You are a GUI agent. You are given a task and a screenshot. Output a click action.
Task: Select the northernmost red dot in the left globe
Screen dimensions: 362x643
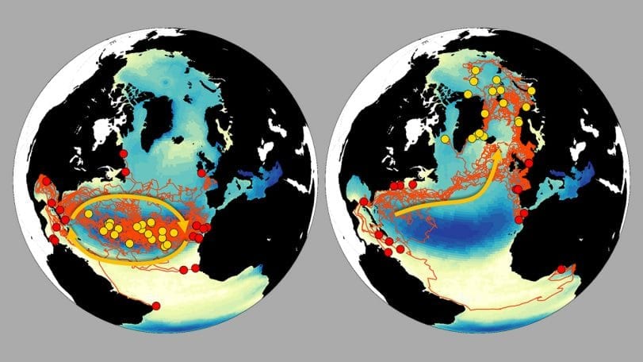(123, 154)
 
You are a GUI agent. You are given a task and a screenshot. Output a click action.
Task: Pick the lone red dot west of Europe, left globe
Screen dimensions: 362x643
(201, 173)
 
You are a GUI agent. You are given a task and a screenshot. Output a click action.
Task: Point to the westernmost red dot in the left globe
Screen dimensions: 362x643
(46, 182)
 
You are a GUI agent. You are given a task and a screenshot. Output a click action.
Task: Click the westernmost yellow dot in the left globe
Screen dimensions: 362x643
(88, 214)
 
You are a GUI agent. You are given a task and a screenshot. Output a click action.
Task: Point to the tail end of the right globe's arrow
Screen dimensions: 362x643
(396, 214)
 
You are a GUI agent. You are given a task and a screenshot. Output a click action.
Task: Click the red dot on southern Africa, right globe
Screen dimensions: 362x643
(561, 269)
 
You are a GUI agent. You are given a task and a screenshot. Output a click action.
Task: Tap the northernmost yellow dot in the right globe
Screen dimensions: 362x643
(473, 70)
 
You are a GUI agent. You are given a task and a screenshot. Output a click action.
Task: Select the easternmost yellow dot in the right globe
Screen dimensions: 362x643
(532, 90)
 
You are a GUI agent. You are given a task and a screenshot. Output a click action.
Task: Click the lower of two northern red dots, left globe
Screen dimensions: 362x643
(124, 171)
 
